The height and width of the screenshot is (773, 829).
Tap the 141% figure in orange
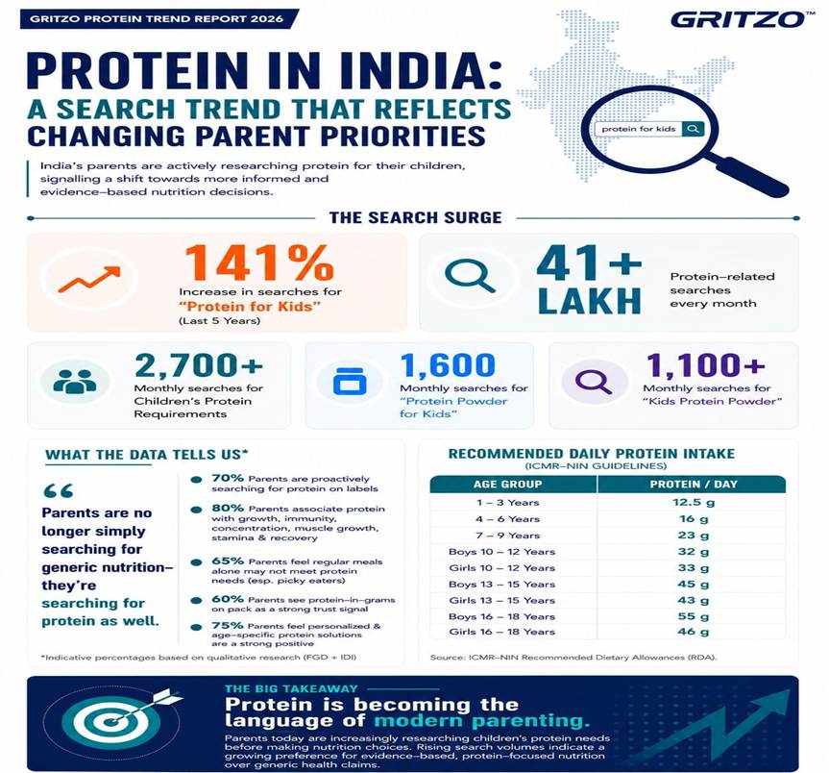tap(259, 263)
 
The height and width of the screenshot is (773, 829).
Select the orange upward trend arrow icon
tap(89, 279)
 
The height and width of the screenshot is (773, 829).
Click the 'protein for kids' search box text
tap(639, 129)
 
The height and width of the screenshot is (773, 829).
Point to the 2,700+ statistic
tap(199, 365)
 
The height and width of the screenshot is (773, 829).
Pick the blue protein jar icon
tap(350, 382)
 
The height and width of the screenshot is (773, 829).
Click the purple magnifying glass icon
tap(594, 381)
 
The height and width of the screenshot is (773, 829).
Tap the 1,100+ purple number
tap(705, 365)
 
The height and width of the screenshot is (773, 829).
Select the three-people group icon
tap(75, 381)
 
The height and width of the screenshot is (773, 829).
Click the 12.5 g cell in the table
tap(694, 502)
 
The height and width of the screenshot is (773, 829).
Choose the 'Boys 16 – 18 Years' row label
tap(501, 616)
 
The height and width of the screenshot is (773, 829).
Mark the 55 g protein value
tap(694, 616)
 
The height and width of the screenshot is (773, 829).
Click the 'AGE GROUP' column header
tap(507, 484)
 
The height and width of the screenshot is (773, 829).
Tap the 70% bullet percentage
tap(228, 478)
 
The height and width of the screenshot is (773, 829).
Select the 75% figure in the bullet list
tap(228, 625)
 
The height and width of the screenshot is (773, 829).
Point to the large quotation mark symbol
tap(59, 491)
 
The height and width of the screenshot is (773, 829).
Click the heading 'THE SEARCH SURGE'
tap(416, 217)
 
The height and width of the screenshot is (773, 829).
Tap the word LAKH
tap(590, 301)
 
